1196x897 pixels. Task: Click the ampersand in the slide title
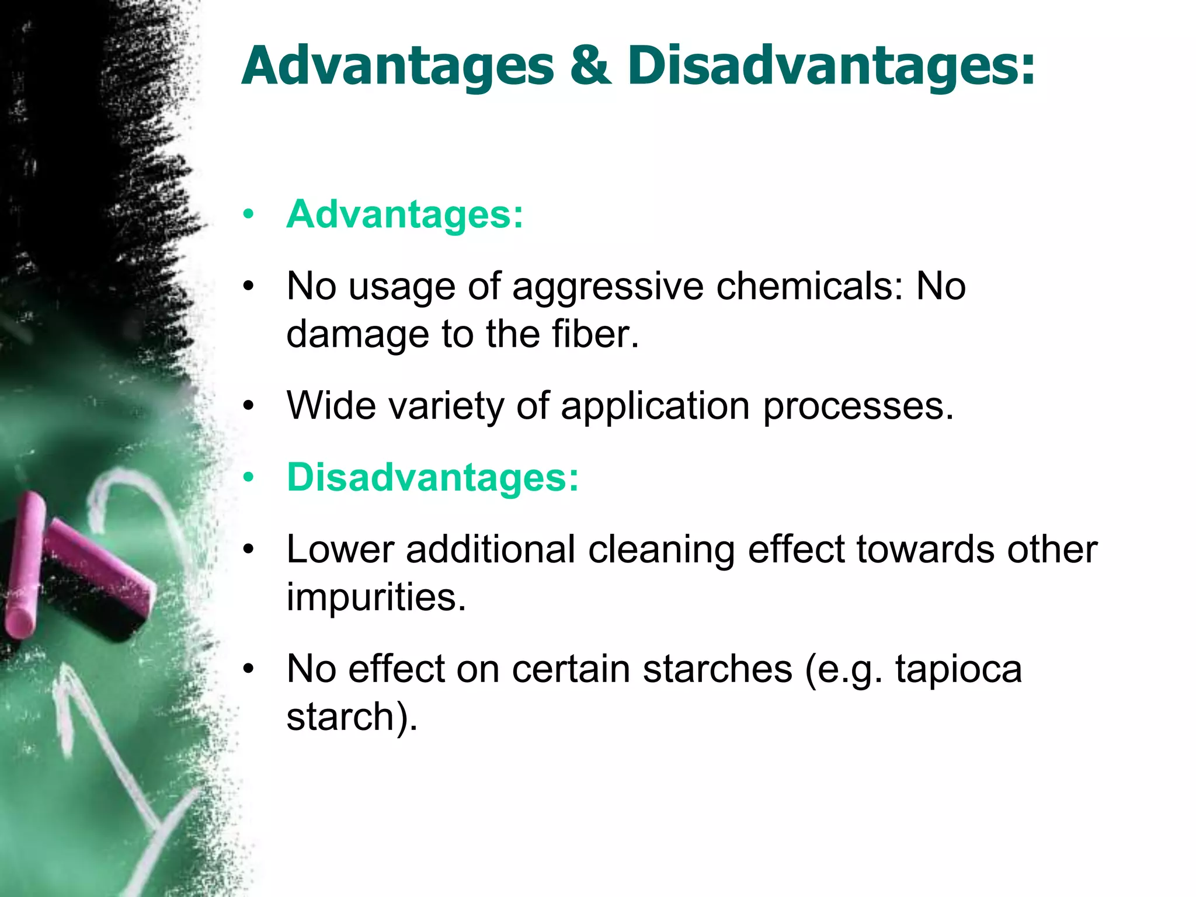click(590, 66)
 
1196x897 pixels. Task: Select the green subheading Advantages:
click(405, 214)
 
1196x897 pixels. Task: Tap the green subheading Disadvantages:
click(433, 477)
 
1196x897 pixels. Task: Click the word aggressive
click(608, 287)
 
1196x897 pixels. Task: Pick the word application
click(655, 406)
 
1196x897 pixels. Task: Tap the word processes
click(858, 407)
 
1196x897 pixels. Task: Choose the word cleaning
click(661, 551)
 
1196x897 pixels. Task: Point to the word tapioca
click(958, 669)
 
